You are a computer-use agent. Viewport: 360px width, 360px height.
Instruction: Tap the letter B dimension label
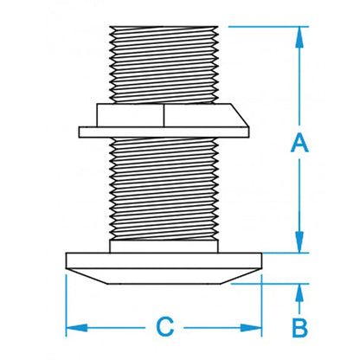click(299, 329)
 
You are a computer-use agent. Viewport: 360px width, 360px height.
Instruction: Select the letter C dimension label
click(164, 327)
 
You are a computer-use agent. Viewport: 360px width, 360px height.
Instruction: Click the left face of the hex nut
click(130, 116)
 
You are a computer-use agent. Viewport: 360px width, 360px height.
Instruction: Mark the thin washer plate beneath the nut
click(164, 132)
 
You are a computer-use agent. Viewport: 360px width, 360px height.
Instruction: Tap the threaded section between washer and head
click(164, 190)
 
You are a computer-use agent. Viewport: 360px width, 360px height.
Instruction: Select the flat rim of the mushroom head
click(164, 260)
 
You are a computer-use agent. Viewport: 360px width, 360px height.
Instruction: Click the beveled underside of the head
click(164, 274)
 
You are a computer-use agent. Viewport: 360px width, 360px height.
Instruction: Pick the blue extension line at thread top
click(260, 25)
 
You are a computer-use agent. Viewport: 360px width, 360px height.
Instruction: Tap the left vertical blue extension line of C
click(67, 303)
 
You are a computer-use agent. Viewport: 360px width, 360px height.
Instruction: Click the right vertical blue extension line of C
click(262, 303)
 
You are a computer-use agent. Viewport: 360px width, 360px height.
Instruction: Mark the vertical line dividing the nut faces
click(164, 116)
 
